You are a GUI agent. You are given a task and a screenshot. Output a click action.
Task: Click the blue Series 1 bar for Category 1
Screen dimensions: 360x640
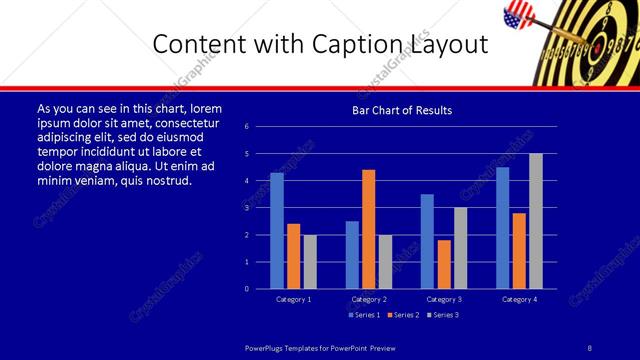coord(277,231)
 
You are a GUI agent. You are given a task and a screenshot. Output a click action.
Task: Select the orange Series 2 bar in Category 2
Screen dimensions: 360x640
coord(368,229)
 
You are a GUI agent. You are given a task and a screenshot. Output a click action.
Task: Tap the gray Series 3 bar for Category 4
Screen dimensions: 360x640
coord(535,221)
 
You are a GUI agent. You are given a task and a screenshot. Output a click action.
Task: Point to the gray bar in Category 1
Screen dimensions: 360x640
coord(310,262)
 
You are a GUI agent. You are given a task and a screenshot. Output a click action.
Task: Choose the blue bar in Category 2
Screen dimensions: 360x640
coord(352,255)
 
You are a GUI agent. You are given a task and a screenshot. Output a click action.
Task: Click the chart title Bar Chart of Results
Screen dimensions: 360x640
coord(403,110)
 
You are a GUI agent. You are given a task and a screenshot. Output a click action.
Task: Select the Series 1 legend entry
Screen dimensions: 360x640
coord(363,314)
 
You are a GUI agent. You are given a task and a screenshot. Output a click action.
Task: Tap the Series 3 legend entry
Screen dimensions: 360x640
coord(443,314)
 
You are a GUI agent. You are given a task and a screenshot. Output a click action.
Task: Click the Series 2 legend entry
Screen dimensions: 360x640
coord(403,314)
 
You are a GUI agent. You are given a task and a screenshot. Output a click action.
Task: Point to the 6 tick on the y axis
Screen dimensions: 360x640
coord(260,127)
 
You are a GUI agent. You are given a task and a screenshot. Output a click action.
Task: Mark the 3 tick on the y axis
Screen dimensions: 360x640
coord(260,208)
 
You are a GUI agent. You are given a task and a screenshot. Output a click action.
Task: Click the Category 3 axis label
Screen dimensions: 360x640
coord(443,299)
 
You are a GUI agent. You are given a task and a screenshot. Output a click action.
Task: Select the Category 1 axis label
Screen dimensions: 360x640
coord(293,299)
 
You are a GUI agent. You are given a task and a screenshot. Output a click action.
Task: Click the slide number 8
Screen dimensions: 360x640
coord(589,347)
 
